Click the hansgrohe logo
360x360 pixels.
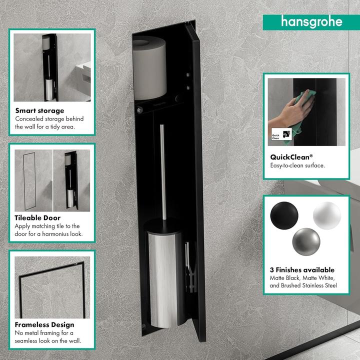pos(311,21)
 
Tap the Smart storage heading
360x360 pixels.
pos(39,110)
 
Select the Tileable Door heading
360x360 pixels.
pos(37,218)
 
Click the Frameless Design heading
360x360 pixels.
pos(44,324)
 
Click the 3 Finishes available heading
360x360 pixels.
pos(302,270)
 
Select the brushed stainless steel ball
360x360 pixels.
pos(305,241)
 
